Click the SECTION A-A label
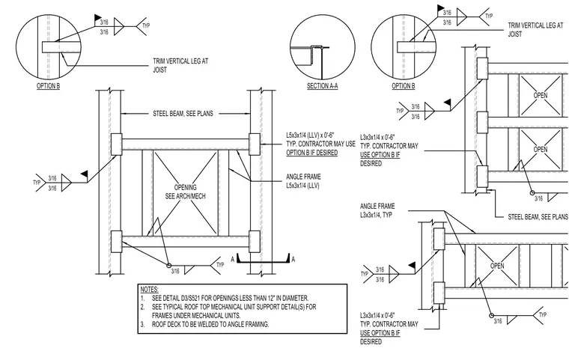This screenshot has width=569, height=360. tap(322, 86)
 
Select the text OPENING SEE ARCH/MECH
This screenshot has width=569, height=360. tap(186, 192)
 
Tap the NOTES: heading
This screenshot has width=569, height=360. tap(150, 289)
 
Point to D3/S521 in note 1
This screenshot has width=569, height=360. tap(188, 298)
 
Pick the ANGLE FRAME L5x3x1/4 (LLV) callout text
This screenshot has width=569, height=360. tap(303, 181)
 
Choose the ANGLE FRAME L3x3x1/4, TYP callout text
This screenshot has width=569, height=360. tap(377, 210)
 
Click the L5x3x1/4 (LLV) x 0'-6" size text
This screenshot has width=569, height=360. tap(310, 135)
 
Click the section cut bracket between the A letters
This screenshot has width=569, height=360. tap(263, 261)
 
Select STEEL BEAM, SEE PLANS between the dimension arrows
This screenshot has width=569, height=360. tap(183, 114)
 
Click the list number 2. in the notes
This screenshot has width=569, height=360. tap(143, 307)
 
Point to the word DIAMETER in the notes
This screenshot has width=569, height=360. tap(296, 298)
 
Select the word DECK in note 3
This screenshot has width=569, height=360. tap(173, 324)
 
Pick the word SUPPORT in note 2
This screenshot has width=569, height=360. tap(268, 307)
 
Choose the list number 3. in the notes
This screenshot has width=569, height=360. tap(143, 324)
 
